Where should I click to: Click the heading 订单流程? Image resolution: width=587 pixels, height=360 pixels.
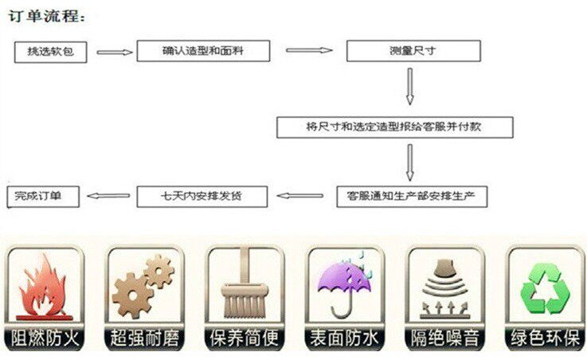(x=47, y=15)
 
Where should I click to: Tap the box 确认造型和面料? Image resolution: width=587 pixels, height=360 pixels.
(x=203, y=50)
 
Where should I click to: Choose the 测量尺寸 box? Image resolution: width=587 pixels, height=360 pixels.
(x=413, y=51)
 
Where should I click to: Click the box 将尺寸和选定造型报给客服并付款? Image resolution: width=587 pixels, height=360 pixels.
(x=395, y=127)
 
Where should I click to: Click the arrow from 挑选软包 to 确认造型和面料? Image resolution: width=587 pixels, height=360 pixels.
(x=115, y=53)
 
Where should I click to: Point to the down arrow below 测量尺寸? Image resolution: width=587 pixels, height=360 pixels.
(x=410, y=86)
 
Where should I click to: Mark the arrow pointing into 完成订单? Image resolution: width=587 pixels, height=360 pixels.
(x=108, y=195)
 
